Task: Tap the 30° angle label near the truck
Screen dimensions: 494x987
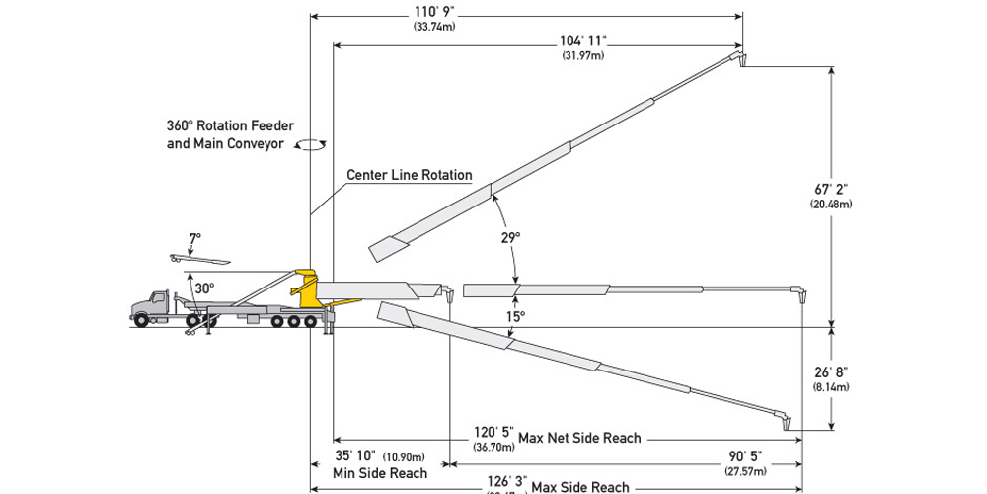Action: point(204,288)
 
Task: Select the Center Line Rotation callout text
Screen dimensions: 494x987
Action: point(409,175)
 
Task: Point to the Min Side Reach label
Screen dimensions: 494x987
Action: point(380,473)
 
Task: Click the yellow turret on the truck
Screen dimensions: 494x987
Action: point(307,288)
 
